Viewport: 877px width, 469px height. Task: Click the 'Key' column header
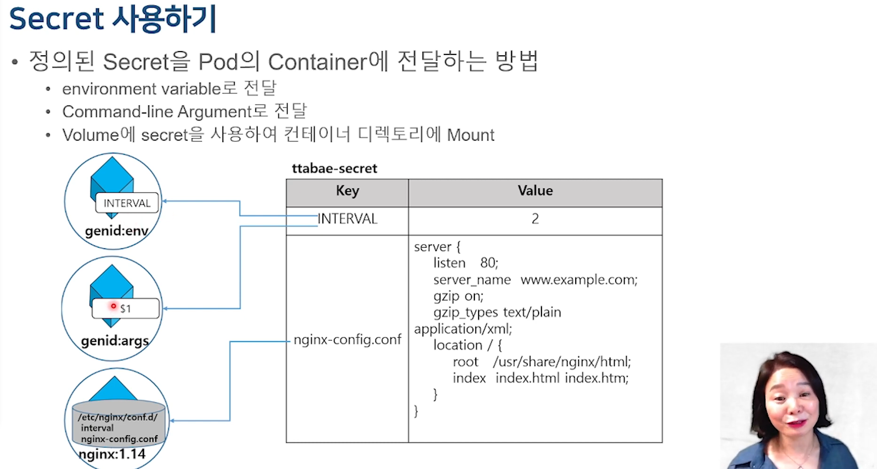[347, 191]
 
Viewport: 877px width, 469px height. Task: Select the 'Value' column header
[535, 191]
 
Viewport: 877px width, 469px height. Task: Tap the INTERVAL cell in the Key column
[347, 219]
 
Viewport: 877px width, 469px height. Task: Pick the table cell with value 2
[535, 219]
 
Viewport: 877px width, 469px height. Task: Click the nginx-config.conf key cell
[347, 340]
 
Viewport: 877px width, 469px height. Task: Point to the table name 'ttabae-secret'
[334, 168]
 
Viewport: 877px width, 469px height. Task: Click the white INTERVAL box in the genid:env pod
[127, 203]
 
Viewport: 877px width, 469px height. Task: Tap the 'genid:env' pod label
[116, 231]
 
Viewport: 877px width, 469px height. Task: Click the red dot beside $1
[113, 306]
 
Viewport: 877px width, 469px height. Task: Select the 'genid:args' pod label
[115, 340]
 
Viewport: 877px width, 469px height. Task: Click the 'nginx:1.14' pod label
[113, 454]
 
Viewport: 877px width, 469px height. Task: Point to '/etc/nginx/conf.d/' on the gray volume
[118, 417]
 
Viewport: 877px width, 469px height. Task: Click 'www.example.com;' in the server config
[579, 280]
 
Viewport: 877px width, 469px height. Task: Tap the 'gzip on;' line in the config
[458, 296]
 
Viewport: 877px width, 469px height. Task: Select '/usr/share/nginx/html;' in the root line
[562, 362]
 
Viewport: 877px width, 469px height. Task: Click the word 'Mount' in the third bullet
[471, 135]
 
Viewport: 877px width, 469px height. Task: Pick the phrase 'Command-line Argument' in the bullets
[157, 112]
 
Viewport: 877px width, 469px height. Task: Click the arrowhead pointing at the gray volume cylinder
[172, 421]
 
